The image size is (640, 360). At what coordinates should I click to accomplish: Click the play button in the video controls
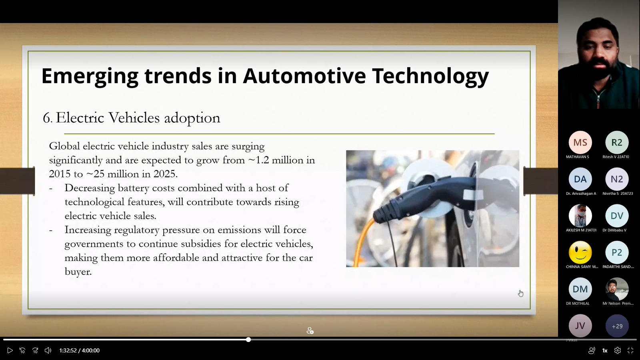(x=10, y=350)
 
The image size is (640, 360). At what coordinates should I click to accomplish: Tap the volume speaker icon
(x=48, y=350)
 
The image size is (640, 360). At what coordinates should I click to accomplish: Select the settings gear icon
(x=618, y=350)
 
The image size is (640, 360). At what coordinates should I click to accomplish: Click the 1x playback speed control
(x=604, y=350)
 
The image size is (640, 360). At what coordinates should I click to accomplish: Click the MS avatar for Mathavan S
(x=580, y=142)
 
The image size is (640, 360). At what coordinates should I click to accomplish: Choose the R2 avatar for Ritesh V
(x=617, y=142)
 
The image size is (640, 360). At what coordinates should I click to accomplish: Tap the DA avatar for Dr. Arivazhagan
(x=580, y=179)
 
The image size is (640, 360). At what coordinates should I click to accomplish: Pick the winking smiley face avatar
(x=580, y=252)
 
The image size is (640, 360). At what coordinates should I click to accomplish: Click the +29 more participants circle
(x=617, y=326)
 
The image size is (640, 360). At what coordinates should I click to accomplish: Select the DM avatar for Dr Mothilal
(x=580, y=289)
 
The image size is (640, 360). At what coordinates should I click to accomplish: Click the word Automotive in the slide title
(x=304, y=76)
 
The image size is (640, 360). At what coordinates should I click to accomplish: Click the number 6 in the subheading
(x=46, y=118)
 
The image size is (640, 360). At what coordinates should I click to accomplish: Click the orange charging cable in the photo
(x=362, y=243)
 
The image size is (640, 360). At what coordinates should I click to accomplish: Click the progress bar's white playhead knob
(x=248, y=340)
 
